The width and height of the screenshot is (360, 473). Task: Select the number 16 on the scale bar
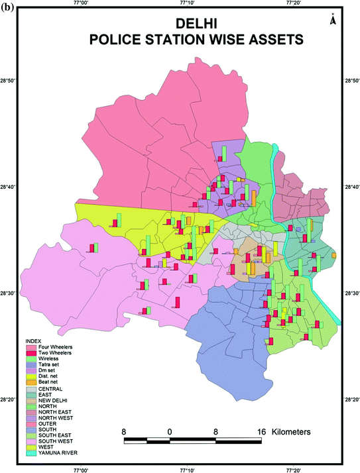click(x=261, y=431)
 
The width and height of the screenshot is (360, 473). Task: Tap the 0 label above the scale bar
click(x=170, y=431)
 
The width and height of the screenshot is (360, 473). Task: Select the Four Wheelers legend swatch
click(x=30, y=347)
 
